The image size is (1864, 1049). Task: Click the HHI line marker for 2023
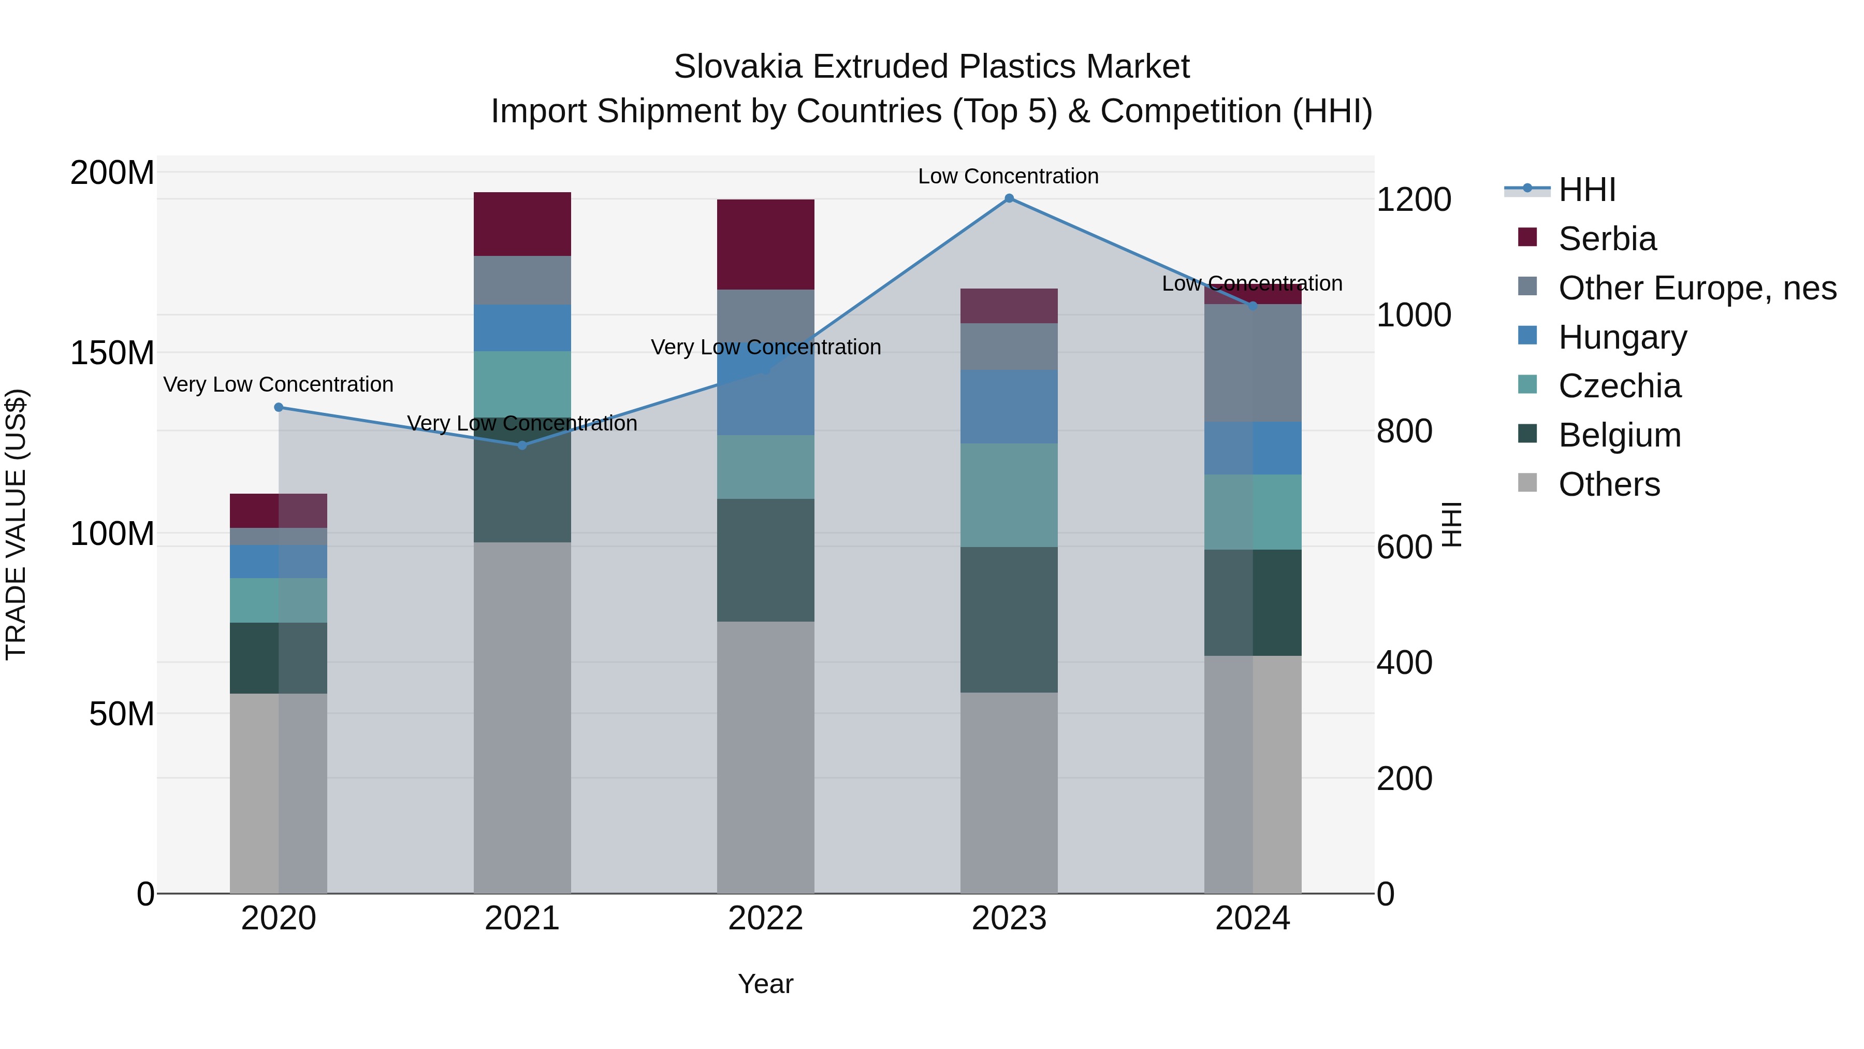[x=1009, y=198]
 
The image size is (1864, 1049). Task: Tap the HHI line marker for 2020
[x=279, y=408]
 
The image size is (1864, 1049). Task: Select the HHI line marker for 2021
[x=522, y=445]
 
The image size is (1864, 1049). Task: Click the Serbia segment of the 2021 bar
[x=522, y=224]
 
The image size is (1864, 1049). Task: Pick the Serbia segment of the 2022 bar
[x=766, y=244]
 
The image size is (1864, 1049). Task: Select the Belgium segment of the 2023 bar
[x=1009, y=620]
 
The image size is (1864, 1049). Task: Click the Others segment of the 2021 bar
[x=522, y=717]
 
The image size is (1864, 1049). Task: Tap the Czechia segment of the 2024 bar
[x=1253, y=512]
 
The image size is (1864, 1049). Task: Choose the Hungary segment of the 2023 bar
[x=1009, y=406]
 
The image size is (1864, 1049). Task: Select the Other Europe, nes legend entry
[x=1697, y=288]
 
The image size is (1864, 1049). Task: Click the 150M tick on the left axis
[x=112, y=353]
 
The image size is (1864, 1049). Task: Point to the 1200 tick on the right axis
[x=1413, y=200]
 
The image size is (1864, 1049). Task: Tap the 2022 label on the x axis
[x=766, y=918]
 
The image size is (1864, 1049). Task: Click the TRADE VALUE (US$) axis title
[x=16, y=524]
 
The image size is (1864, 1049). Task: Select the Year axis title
[x=766, y=984]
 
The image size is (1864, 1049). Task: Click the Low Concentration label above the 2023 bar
[x=1008, y=176]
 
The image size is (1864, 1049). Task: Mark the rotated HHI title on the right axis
[x=1451, y=524]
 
